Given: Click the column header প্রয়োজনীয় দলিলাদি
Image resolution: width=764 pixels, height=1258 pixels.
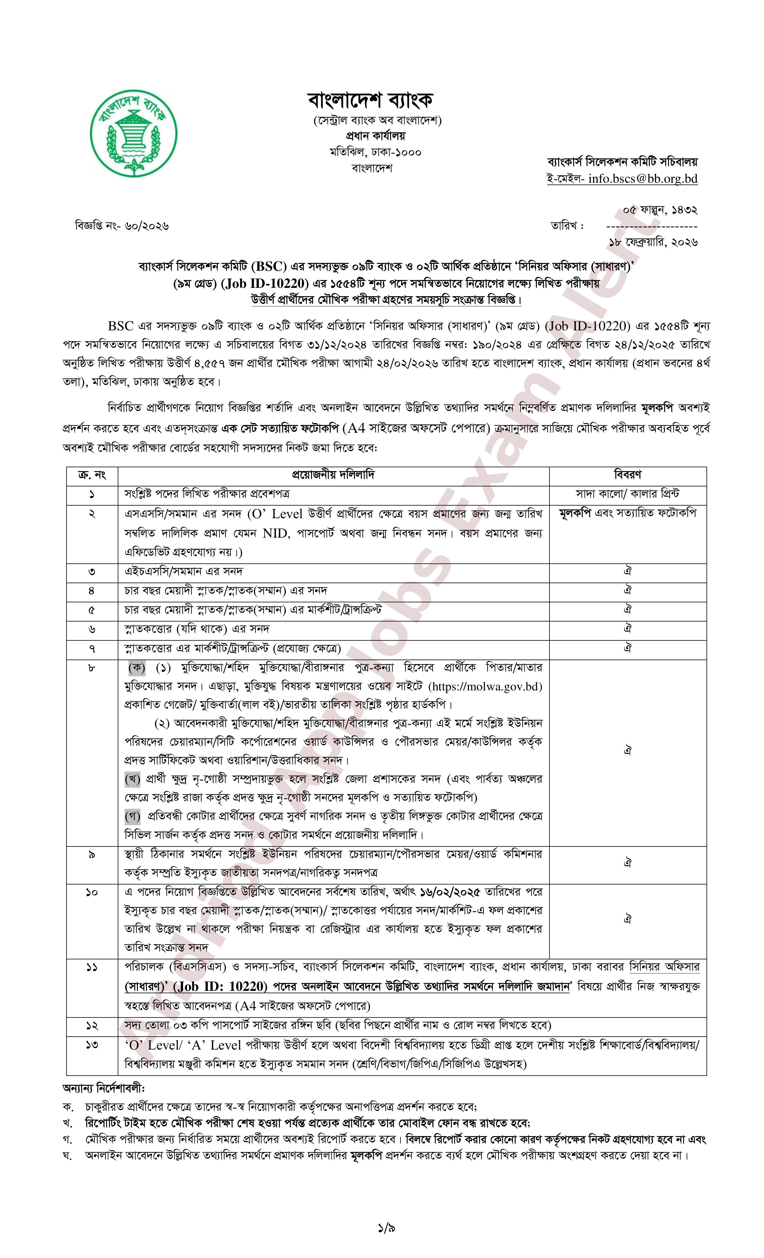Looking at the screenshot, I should click(x=333, y=475).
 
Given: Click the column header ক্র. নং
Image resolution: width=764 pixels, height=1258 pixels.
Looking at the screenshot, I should click(x=92, y=475).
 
